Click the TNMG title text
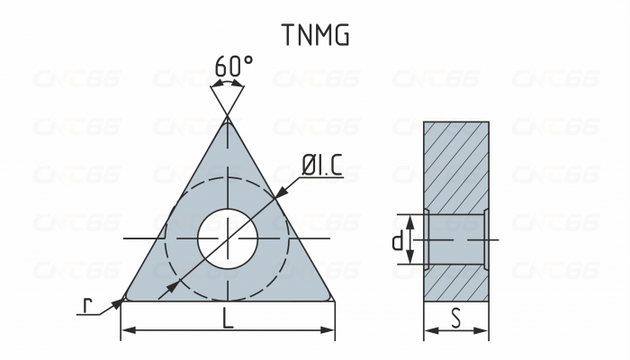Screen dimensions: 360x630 pyautogui.click(x=315, y=34)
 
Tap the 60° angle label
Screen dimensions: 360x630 pyautogui.click(x=234, y=67)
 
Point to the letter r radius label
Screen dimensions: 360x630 pyautogui.click(x=87, y=306)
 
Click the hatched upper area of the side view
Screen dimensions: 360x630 pyautogui.click(x=456, y=166)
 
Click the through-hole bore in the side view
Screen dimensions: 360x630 pyautogui.click(x=456, y=240)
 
